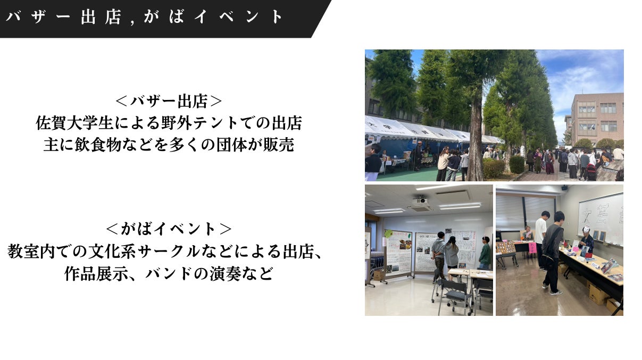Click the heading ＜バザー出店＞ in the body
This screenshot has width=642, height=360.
click(x=169, y=101)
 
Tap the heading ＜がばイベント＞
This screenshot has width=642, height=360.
click(x=169, y=229)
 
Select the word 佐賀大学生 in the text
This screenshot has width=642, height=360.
click(x=74, y=123)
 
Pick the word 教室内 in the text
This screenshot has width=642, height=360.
click(x=31, y=252)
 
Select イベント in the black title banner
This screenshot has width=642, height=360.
click(x=238, y=16)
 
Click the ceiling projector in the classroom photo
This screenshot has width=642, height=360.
click(x=420, y=200)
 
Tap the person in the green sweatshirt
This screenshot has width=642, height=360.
click(x=485, y=253)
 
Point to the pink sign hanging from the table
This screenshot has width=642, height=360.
click(x=532, y=248)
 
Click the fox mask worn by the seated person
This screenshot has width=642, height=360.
click(x=587, y=229)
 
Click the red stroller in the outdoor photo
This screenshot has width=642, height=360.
click(x=591, y=172)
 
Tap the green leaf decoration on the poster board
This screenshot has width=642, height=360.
click(x=388, y=233)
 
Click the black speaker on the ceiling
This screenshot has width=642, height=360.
click(x=564, y=188)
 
